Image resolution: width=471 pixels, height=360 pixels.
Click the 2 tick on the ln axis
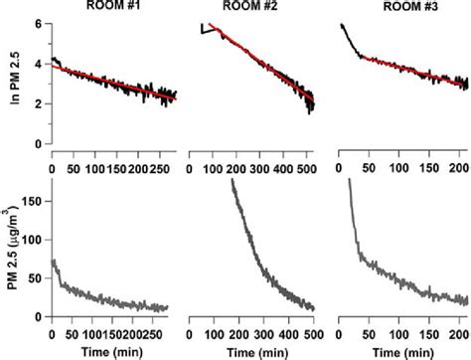[37, 103]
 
